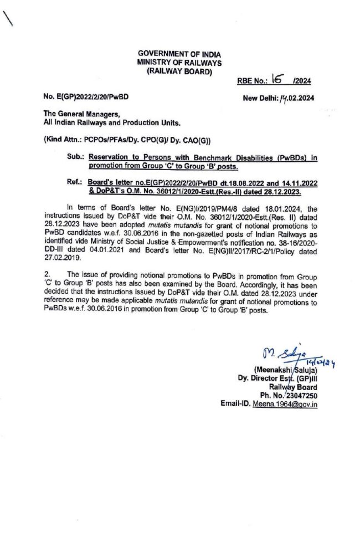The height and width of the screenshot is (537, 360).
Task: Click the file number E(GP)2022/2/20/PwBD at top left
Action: [x=92, y=96]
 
